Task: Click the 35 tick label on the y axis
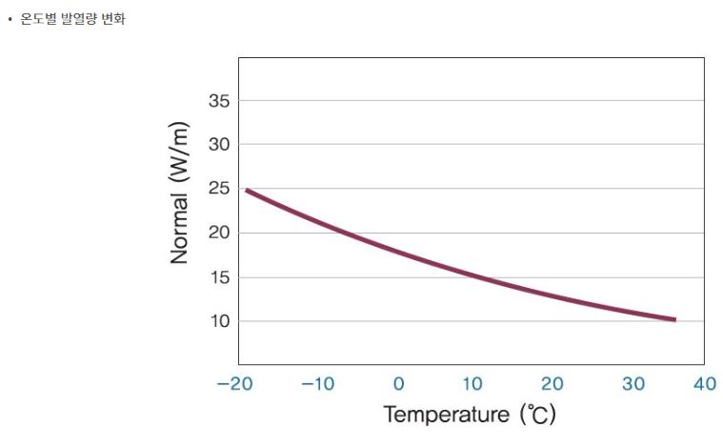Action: tap(218, 101)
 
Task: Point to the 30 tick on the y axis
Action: tap(218, 145)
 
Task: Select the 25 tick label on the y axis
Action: tap(218, 189)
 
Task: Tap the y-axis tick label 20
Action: tap(218, 233)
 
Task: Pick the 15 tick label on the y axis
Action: tap(218, 277)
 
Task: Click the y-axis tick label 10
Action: tap(218, 321)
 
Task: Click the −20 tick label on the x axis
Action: tap(235, 384)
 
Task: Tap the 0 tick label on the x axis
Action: tap(398, 384)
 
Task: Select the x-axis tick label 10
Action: tap(473, 384)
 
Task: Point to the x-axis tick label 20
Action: tap(552, 384)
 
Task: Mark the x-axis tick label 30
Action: tap(633, 384)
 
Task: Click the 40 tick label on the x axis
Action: tap(705, 384)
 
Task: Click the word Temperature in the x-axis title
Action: tap(447, 415)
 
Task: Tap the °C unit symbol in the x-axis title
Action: tap(538, 416)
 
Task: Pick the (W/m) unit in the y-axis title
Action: tap(180, 154)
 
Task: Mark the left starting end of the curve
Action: tap(247, 190)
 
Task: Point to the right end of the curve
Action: tap(674, 319)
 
